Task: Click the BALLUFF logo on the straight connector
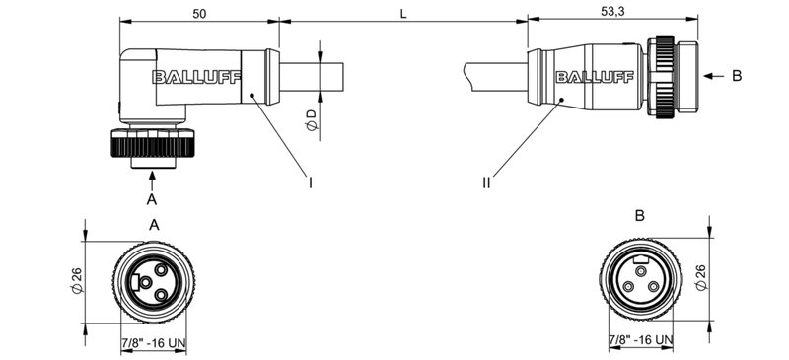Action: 588,77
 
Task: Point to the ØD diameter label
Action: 311,120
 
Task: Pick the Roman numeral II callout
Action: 486,181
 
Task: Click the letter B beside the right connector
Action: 738,76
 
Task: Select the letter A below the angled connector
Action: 151,198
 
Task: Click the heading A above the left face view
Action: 154,224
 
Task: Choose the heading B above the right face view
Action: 639,215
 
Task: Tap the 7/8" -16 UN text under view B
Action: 640,340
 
